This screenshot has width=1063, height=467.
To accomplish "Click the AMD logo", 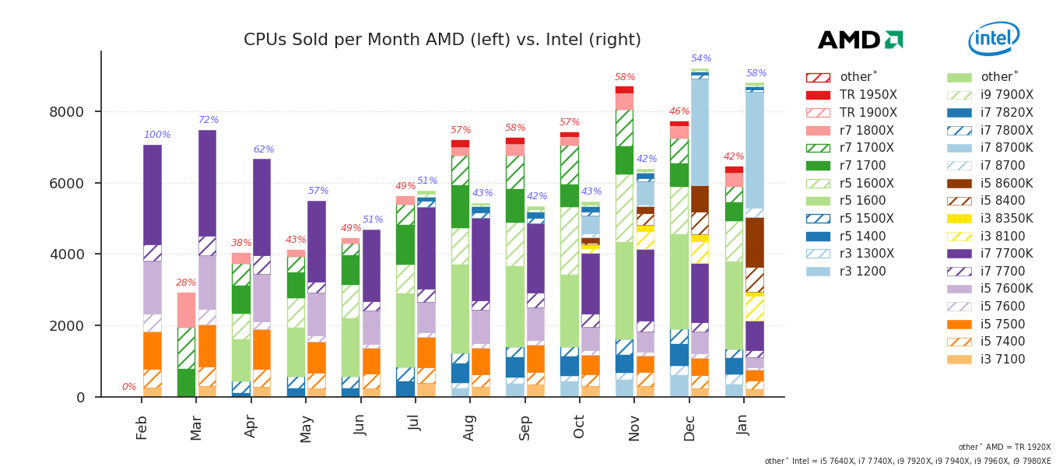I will (860, 40).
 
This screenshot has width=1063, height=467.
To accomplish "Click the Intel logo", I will (994, 38).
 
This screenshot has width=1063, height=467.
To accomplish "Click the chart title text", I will (442, 40).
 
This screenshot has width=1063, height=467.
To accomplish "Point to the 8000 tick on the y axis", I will (67, 112).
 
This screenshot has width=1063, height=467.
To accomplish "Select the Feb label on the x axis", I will (142, 427).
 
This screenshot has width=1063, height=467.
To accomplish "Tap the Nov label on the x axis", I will (634, 427).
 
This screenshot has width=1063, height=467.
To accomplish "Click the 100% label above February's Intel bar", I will (157, 135).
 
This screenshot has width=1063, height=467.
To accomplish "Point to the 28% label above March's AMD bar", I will (186, 283).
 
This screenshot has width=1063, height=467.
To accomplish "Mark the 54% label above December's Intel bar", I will (701, 59).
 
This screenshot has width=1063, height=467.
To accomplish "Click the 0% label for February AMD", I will (129, 388).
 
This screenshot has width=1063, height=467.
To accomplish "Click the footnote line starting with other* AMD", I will (1004, 448).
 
